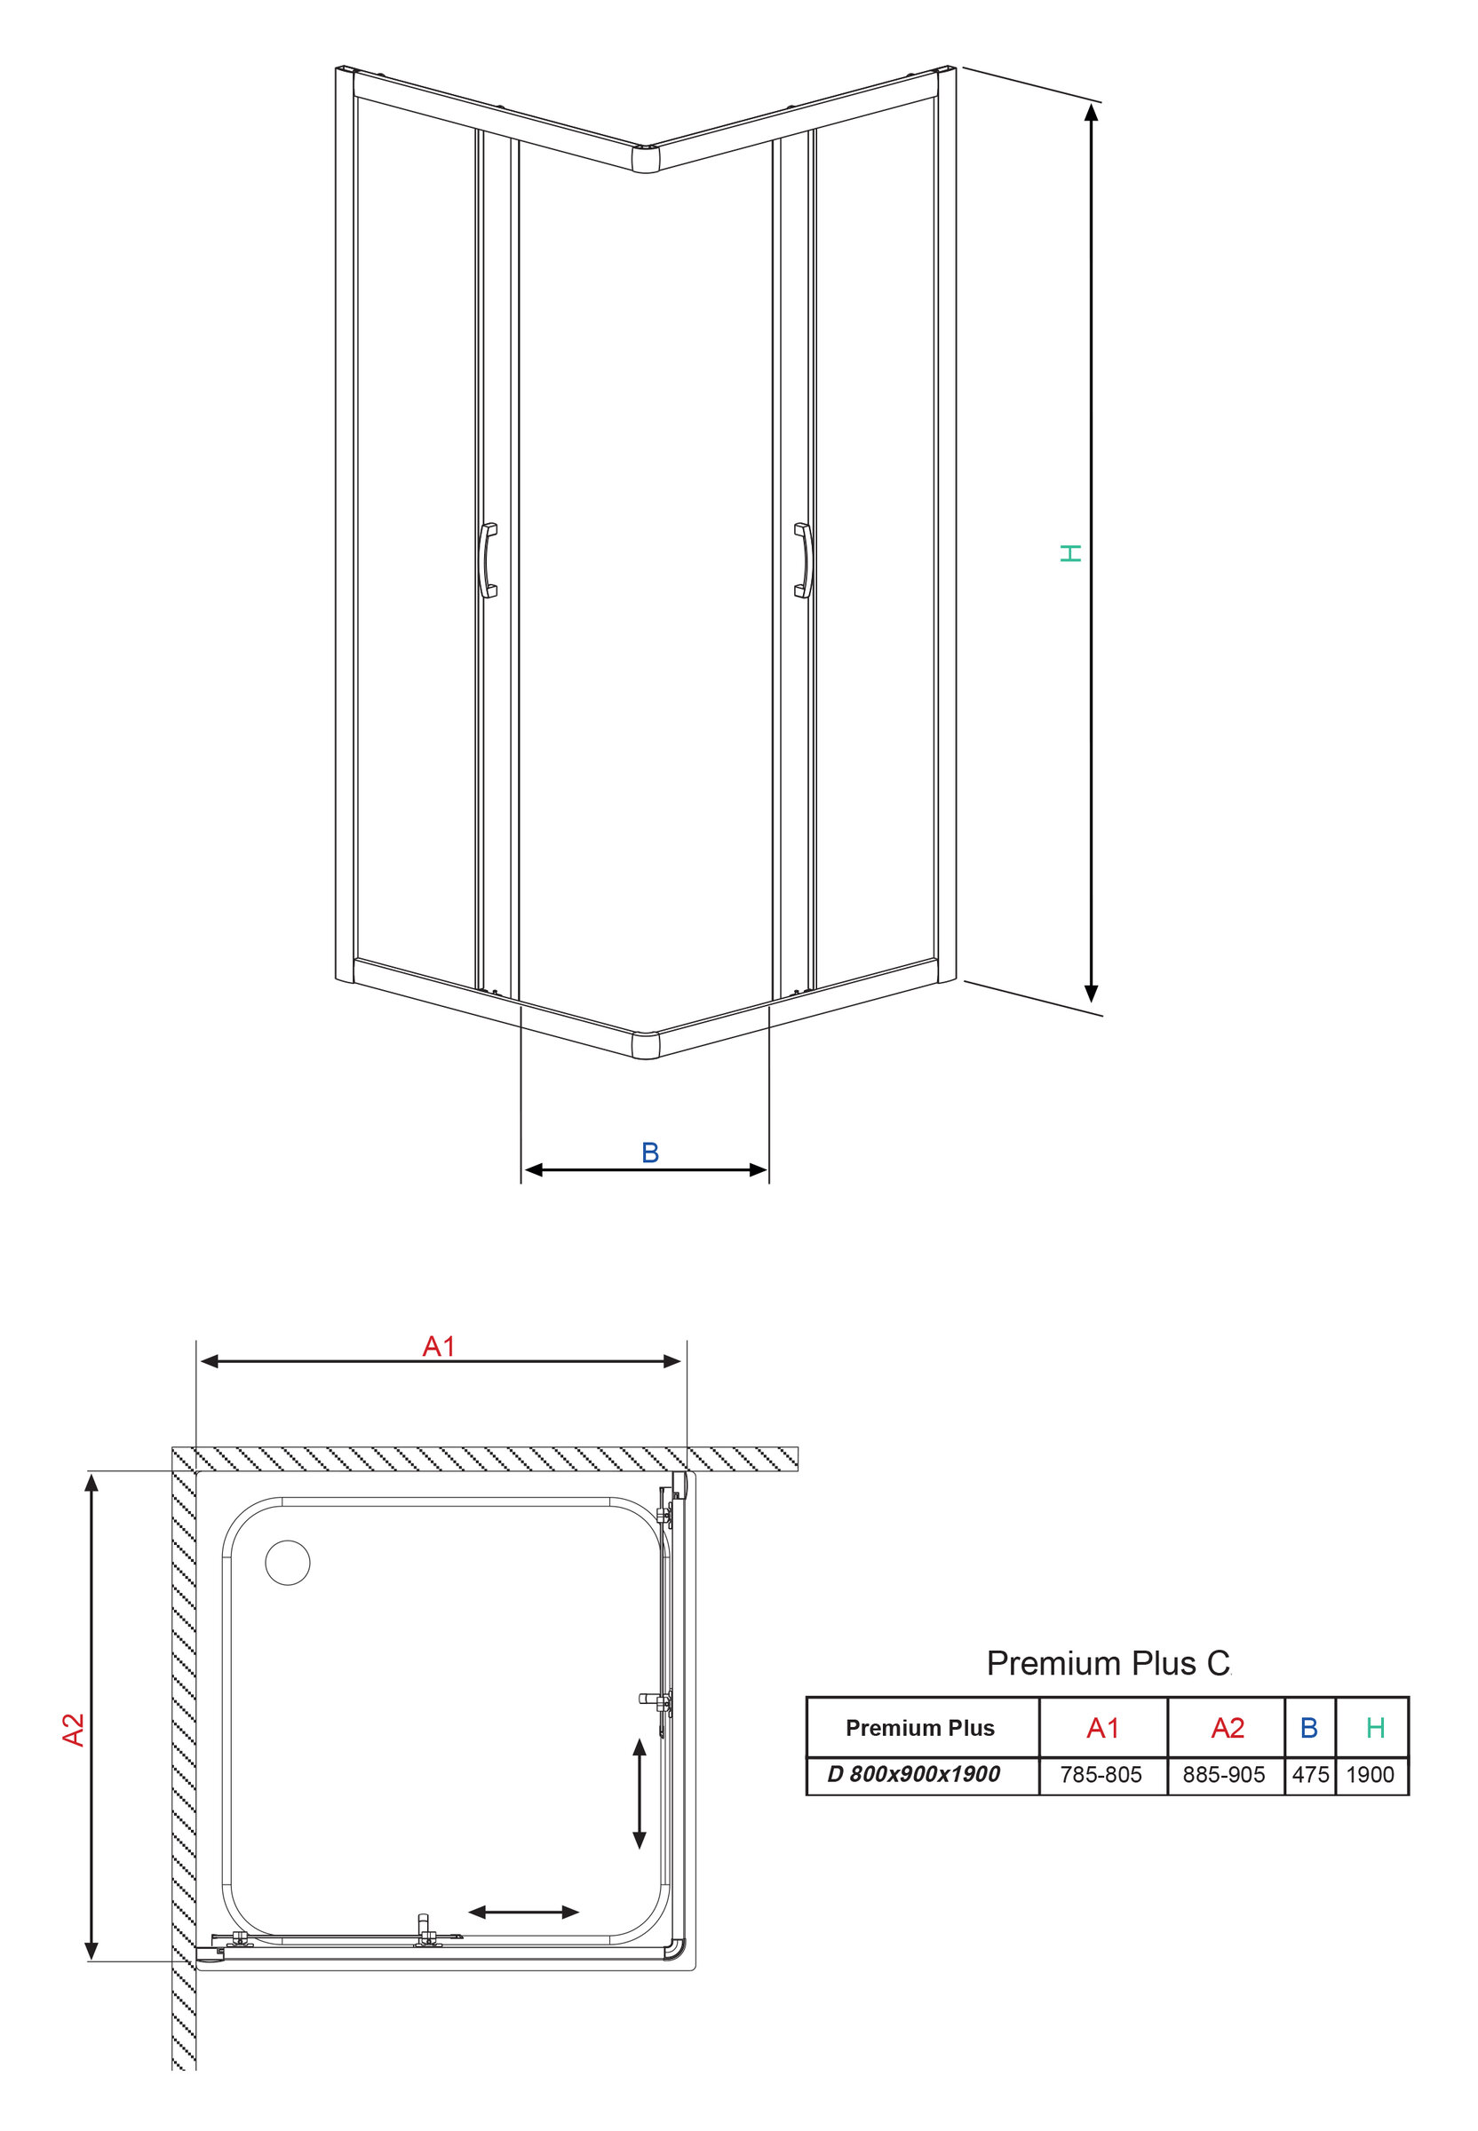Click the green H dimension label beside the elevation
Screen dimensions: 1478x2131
[1070, 553]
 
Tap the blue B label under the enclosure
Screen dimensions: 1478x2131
[650, 1153]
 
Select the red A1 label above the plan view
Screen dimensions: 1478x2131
[439, 1346]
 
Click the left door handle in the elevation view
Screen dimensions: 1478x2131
[487, 560]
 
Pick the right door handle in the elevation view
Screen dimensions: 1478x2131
[803, 560]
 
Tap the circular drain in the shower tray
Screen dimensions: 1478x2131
[288, 1564]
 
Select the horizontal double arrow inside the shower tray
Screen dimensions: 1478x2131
[523, 1912]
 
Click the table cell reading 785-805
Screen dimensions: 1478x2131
[1101, 1775]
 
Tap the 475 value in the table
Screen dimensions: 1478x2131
[1310, 1775]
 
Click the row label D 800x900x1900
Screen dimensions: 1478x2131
[914, 1774]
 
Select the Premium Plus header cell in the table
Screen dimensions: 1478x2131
[920, 1727]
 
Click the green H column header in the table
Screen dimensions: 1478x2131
[1375, 1727]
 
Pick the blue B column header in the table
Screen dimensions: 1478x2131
[1308, 1727]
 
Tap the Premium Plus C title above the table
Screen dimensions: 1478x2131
[1108, 1664]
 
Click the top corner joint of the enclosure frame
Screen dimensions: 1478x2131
[646, 158]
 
